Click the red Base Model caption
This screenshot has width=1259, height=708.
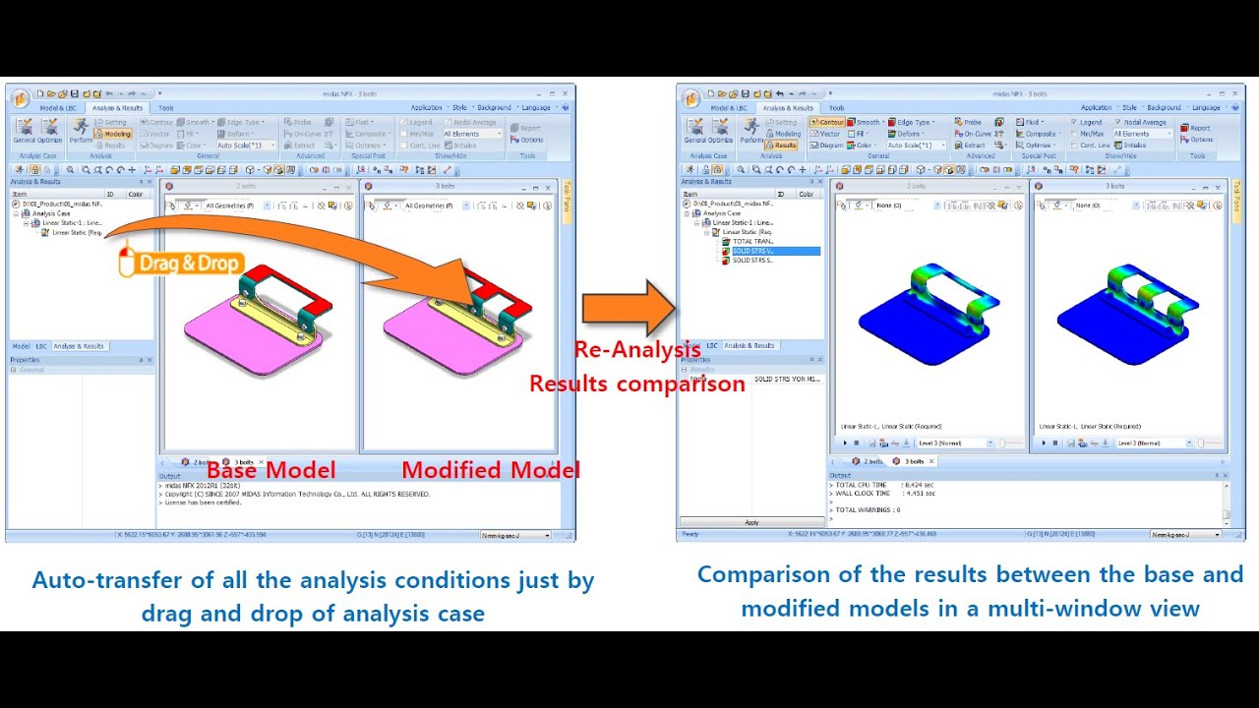click(270, 471)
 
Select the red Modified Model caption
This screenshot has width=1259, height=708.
click(490, 471)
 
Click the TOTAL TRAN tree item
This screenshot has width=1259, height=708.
click(752, 242)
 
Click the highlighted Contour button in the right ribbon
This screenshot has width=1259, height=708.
click(827, 123)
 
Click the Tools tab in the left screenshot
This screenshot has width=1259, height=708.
click(165, 108)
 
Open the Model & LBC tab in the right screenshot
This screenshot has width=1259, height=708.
click(728, 108)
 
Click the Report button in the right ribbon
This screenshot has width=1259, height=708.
click(1199, 128)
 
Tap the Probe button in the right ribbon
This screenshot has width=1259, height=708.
click(971, 123)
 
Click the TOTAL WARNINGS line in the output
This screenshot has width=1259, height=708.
click(866, 510)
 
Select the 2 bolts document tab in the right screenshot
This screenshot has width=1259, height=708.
click(870, 461)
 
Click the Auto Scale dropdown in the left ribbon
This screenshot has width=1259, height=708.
click(245, 146)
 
